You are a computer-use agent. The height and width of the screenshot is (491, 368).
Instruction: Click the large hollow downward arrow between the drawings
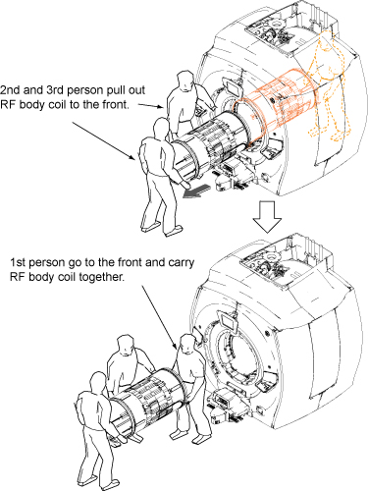pyautogui.click(x=268, y=217)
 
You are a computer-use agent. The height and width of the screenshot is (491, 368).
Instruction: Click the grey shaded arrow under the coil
pyautogui.click(x=195, y=191)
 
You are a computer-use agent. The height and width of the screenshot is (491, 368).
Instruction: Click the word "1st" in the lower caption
pyautogui.click(x=17, y=262)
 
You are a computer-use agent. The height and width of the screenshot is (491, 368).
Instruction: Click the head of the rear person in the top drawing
pyautogui.click(x=185, y=81)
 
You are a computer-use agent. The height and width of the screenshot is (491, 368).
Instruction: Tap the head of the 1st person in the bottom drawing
pyautogui.click(x=187, y=345)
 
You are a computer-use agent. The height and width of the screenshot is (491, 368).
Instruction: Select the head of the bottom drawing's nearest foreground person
pyautogui.click(x=98, y=382)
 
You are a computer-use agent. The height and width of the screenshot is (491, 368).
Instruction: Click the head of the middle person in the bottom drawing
pyautogui.click(x=126, y=345)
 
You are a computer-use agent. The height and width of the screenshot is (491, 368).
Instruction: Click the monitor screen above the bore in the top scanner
pyautogui.click(x=233, y=87)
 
